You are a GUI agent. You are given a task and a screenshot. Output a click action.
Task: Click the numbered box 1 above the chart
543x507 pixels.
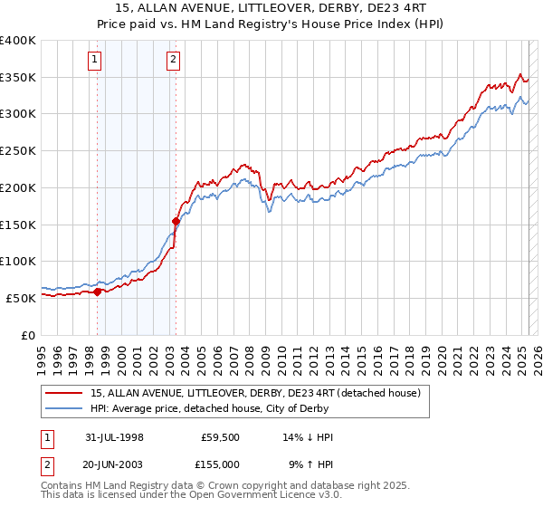[x=96, y=61]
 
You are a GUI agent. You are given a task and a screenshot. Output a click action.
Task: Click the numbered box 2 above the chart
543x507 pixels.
[x=173, y=61]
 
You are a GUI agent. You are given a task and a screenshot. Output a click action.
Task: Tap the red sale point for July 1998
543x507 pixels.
[x=98, y=291]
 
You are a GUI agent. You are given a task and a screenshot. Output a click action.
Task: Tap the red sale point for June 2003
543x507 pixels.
[x=176, y=220]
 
